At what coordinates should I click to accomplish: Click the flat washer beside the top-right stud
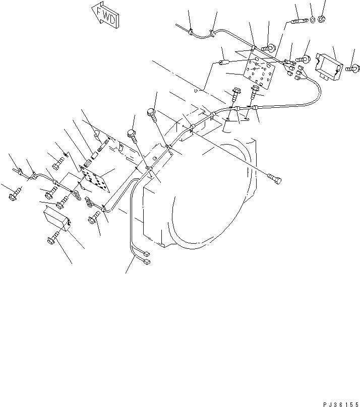coord(313,21)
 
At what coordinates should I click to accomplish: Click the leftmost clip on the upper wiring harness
coord(191,33)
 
